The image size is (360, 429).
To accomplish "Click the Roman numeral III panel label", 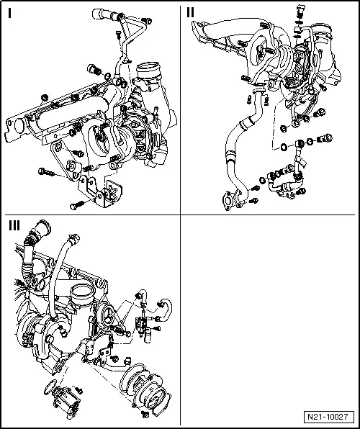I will (x=14, y=225).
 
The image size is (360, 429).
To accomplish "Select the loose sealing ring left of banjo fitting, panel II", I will (x=286, y=148).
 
